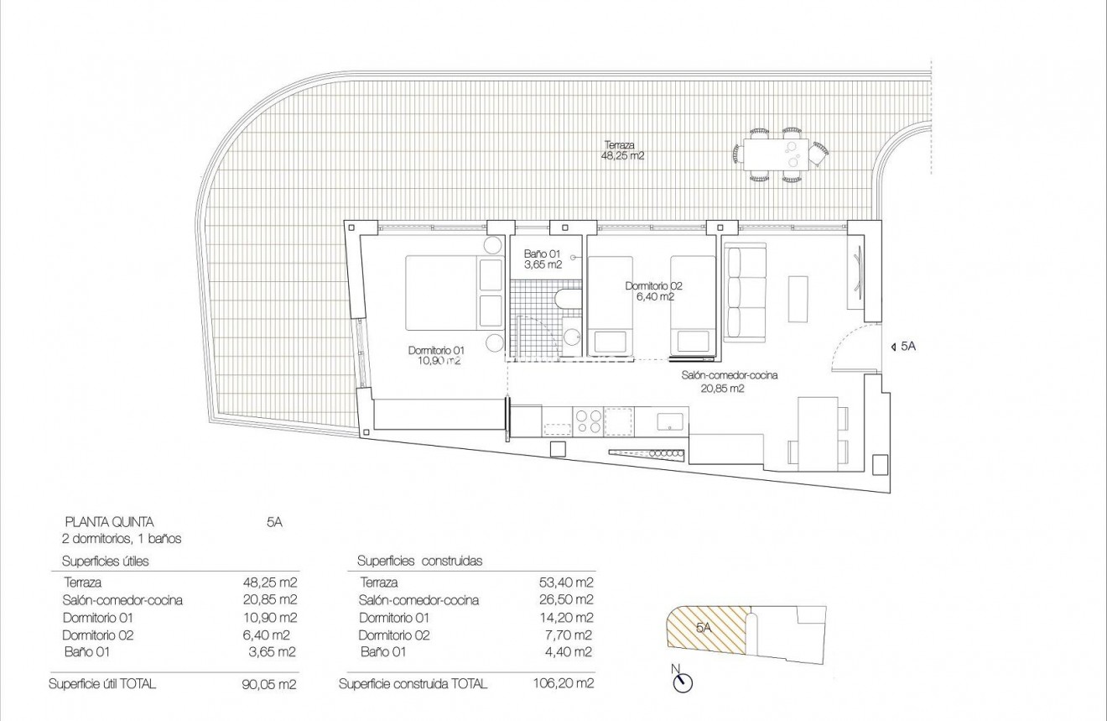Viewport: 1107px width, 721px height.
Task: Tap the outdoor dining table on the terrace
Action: pos(776,154)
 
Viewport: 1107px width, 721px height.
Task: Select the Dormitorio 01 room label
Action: pos(435,355)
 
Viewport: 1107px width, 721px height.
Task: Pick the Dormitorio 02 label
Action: pos(650,290)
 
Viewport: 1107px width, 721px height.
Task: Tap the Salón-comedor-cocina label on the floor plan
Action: pos(729,381)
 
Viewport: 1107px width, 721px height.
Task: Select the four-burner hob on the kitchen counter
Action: pos(586,421)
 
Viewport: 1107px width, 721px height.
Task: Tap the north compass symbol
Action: pos(683,681)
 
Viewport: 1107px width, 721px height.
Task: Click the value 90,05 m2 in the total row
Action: pos(268,684)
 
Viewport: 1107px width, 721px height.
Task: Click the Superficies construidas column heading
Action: pos(419,561)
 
